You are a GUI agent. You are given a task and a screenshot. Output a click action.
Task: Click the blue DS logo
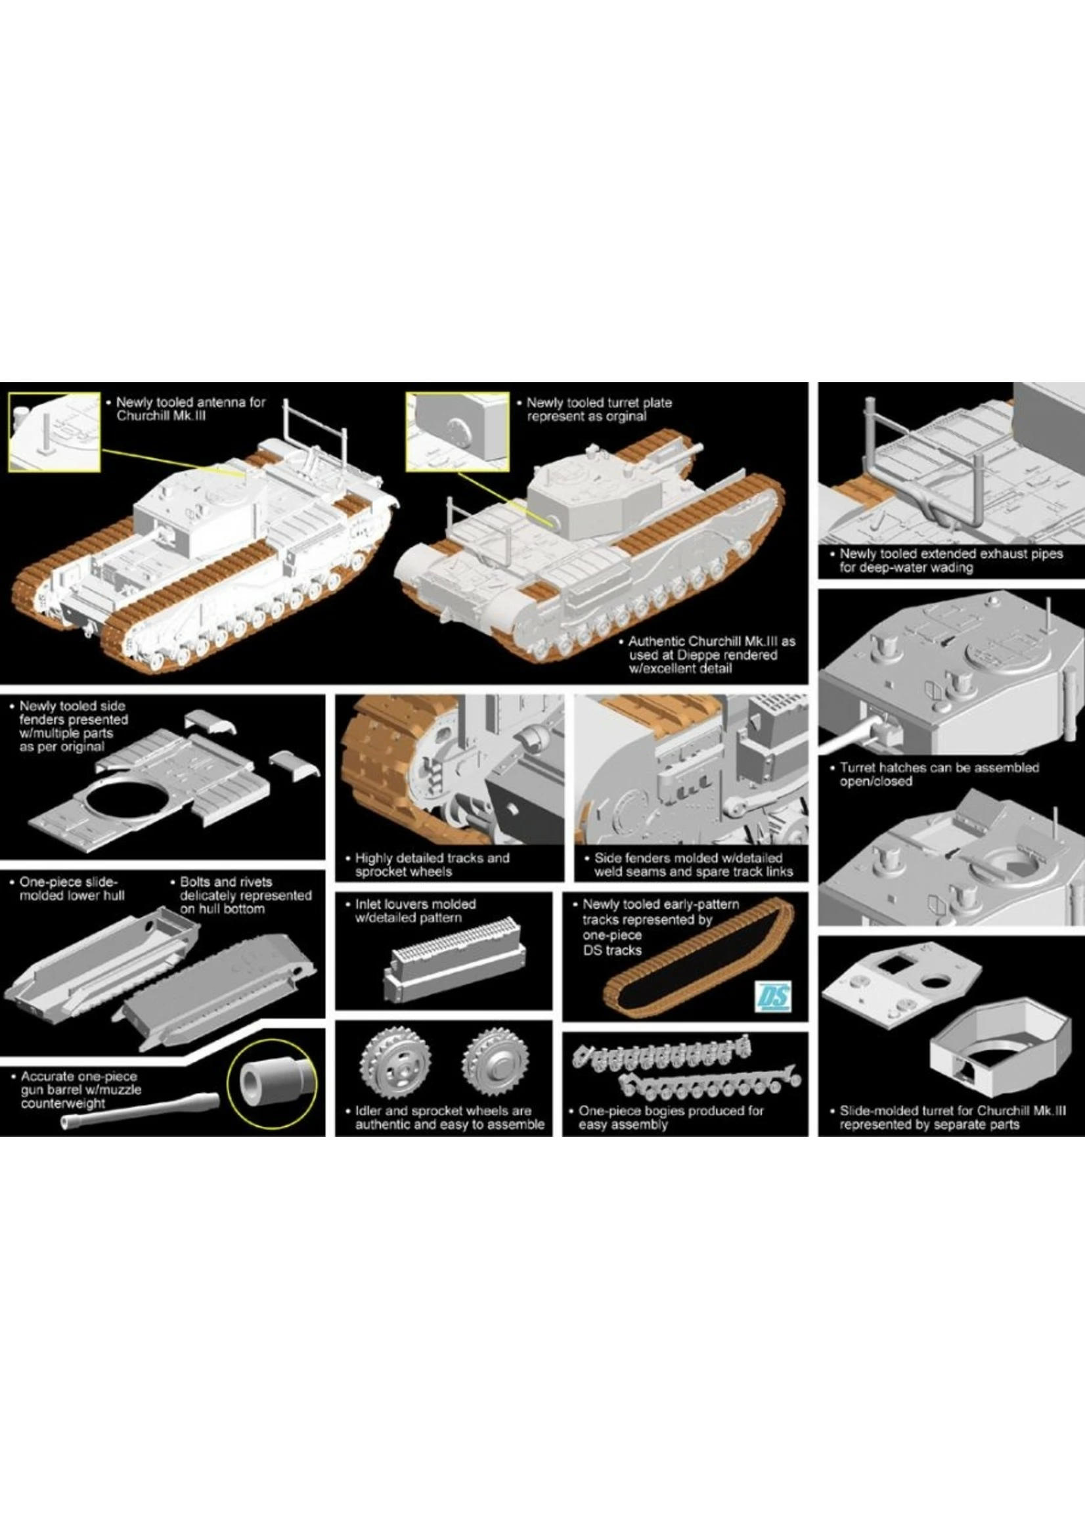pyautogui.click(x=776, y=996)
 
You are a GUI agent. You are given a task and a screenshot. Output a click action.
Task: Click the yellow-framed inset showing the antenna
pyautogui.click(x=54, y=431)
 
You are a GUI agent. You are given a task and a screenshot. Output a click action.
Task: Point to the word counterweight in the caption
pyautogui.click(x=63, y=1103)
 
